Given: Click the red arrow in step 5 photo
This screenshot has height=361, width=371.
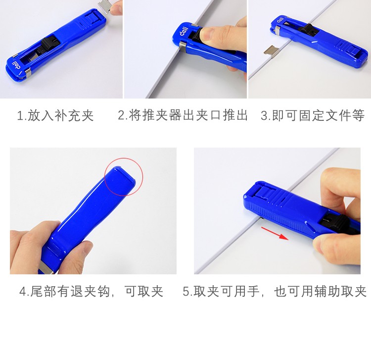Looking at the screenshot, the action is pos(275,233).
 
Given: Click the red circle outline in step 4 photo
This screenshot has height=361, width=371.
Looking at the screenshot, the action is pos(124,158).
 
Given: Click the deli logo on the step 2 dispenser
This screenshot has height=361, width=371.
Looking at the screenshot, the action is pos(184,32).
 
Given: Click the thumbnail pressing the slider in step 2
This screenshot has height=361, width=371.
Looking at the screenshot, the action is pos(208,34).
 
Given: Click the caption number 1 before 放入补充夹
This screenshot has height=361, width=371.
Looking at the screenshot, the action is pos(20,116).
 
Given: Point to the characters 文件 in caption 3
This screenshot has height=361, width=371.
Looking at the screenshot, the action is pos(339,115).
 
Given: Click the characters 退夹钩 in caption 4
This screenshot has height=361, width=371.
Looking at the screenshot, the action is pos(91,291).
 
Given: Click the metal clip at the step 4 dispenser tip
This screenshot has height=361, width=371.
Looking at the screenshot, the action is pos(46,268).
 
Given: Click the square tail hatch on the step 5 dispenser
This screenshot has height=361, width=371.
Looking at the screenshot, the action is pos(266,192).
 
